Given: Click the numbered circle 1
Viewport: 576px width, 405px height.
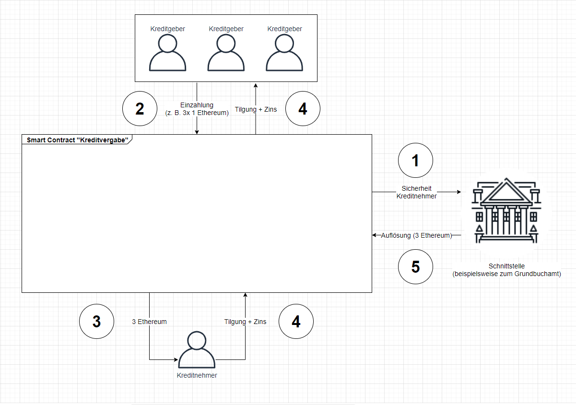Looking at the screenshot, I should tap(415, 161).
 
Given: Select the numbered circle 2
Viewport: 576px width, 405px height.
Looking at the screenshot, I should tap(140, 109).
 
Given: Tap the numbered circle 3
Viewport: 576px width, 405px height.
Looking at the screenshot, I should tap(96, 321).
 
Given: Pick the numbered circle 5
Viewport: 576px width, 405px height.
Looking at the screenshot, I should tap(415, 266).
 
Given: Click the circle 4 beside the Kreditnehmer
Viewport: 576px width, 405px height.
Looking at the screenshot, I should tap(296, 321).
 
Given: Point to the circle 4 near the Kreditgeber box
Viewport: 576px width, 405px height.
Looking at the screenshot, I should tap(302, 109).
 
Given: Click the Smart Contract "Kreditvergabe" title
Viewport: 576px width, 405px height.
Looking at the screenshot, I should tap(77, 139).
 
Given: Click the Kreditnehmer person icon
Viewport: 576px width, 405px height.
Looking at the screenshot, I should tap(197, 349).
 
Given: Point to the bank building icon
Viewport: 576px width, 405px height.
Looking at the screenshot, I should tap(505, 211).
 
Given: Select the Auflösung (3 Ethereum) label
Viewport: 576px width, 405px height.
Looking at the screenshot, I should tap(417, 235).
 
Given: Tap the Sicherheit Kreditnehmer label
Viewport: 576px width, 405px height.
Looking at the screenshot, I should tap(416, 192).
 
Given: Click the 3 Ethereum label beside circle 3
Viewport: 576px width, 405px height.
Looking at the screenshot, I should tap(149, 322).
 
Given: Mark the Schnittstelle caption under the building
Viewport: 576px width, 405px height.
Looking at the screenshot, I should tap(506, 270).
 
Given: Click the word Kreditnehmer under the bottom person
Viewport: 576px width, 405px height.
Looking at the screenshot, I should tap(197, 375).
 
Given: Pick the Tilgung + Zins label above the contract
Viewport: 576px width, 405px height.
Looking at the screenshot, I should tap(256, 109).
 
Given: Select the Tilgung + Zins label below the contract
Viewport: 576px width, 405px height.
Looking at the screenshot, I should tap(245, 322).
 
